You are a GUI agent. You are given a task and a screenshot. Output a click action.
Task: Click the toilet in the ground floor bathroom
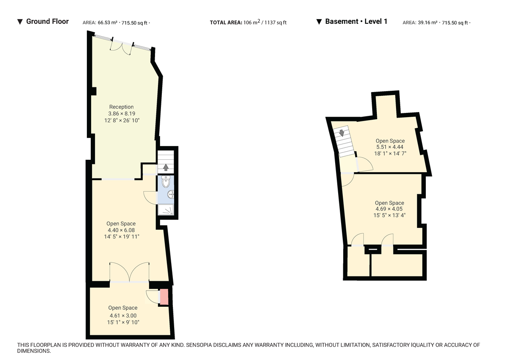pos(166,182)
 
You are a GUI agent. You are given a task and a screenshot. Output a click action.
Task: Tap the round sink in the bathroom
pos(171,195)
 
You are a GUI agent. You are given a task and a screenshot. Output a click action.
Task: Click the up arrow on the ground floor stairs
pos(166,167)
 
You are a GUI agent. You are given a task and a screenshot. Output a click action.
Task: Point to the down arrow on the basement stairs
pos(341,133)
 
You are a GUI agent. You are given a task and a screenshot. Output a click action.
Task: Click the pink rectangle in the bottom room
pos(164,297)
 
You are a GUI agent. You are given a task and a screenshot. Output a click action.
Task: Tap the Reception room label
pos(121,107)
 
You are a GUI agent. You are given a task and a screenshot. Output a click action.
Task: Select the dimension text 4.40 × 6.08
pos(121,230)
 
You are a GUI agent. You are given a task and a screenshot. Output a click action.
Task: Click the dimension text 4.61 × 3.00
pos(123,315)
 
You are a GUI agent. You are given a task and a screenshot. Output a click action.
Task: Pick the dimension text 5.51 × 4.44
pos(390,147)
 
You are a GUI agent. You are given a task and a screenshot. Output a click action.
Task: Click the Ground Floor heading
pos(47,21)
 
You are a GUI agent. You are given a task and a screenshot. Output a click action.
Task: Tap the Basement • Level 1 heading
pos(356,21)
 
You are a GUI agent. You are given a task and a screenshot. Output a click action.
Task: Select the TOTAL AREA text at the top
pos(226,23)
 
